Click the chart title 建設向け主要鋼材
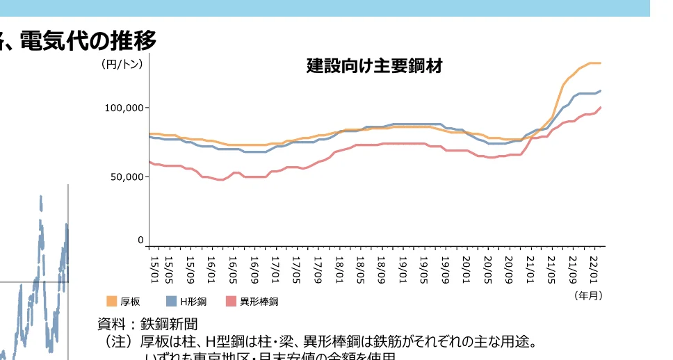pyautogui.click(x=374, y=67)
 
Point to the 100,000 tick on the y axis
pyautogui.click(x=123, y=108)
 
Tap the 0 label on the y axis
pyautogui.click(x=140, y=240)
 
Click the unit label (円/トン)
pyautogui.click(x=122, y=65)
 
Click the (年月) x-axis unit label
pyautogui.click(x=588, y=295)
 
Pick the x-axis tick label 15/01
pyautogui.click(x=154, y=267)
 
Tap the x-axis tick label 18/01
pyautogui.click(x=339, y=267)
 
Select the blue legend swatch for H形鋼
pyautogui.click(x=172, y=301)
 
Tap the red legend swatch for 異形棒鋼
pyautogui.click(x=232, y=301)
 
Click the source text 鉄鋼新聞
pyautogui.click(x=169, y=324)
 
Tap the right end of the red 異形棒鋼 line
pyautogui.click(x=601, y=108)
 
